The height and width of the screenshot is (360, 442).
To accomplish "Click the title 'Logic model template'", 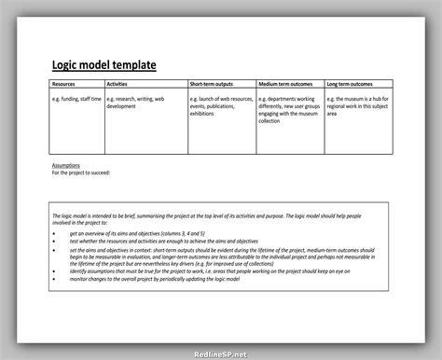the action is pyautogui.click(x=104, y=64).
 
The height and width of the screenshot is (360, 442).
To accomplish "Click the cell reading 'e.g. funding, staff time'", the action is pyautogui.click(x=76, y=98).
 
